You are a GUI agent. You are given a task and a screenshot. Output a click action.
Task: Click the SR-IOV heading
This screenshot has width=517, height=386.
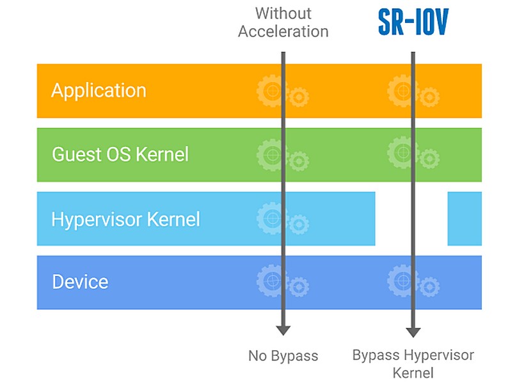[413, 22]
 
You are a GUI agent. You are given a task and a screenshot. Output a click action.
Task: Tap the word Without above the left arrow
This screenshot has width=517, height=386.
[283, 13]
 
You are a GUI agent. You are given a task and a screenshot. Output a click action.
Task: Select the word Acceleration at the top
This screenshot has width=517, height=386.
[283, 31]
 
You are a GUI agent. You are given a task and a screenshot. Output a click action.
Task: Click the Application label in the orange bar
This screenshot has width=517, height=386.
[99, 90]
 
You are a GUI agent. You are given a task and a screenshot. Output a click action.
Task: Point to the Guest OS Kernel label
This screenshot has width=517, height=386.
[120, 154]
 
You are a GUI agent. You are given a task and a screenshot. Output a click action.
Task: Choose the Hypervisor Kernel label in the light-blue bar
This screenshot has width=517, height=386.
[125, 219]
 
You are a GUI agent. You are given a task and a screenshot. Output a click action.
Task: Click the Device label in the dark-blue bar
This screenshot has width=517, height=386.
[80, 282]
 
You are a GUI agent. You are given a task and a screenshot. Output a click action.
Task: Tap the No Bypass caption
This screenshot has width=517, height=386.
[283, 355]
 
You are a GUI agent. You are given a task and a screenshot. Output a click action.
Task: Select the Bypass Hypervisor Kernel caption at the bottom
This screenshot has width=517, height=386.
[413, 363]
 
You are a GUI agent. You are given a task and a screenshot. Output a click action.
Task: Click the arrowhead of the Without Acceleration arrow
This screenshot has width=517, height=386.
[283, 330]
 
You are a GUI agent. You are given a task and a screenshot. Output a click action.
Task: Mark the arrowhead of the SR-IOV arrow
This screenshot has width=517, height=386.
[413, 332]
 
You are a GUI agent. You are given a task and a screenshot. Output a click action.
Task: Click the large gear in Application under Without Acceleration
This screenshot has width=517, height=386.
[271, 90]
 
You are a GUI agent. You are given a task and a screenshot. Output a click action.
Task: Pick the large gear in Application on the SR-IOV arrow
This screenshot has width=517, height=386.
[401, 90]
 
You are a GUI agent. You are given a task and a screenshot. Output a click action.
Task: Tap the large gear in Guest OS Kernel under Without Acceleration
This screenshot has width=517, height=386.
[271, 154]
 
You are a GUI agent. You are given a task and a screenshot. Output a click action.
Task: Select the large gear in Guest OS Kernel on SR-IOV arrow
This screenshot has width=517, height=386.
[401, 154]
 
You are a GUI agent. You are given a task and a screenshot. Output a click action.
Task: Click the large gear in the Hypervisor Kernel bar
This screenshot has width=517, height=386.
[271, 218]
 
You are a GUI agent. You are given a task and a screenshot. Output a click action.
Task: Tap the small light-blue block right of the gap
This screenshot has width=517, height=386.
[464, 218]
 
